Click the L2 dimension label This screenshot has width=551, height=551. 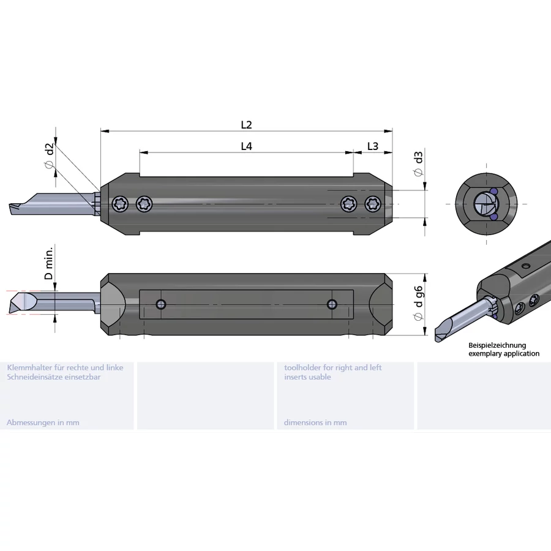pyautogui.click(x=246, y=125)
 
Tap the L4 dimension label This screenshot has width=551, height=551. pyautogui.click(x=246, y=146)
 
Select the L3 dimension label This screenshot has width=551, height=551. pyautogui.click(x=373, y=146)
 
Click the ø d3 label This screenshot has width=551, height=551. pyautogui.click(x=418, y=163)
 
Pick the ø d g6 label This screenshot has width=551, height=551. pyautogui.click(x=418, y=303)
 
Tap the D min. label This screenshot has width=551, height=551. pyautogui.click(x=49, y=263)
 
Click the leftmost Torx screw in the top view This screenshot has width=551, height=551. pyautogui.click(x=120, y=204)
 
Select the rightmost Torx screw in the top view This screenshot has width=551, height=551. pyautogui.click(x=373, y=204)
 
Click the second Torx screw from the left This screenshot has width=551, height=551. pyautogui.click(x=144, y=204)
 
